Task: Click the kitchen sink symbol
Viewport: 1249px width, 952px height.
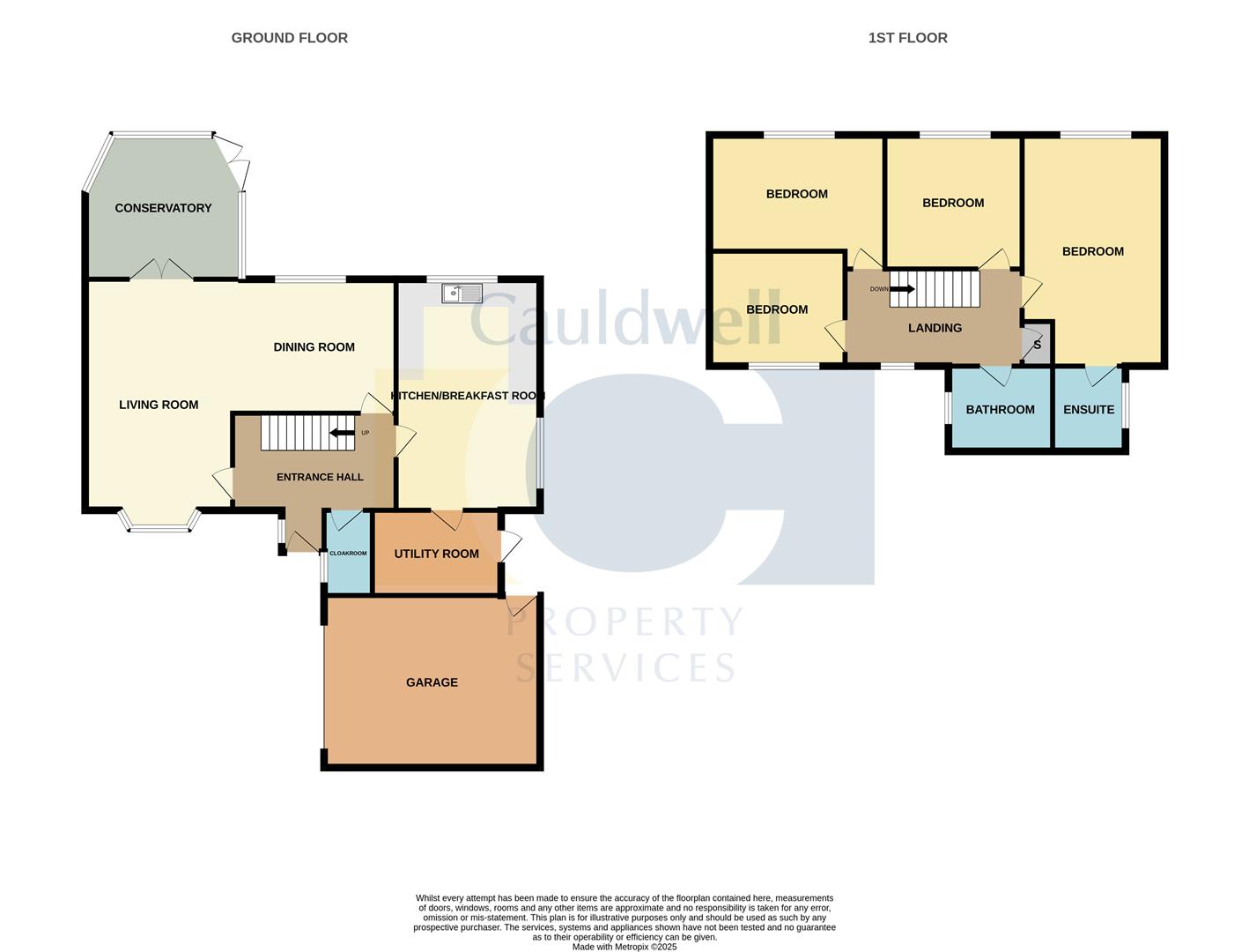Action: (462, 293)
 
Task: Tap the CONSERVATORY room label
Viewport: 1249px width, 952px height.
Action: (163, 208)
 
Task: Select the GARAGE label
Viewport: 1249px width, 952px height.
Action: (432, 682)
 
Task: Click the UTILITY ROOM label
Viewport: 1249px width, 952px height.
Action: (436, 554)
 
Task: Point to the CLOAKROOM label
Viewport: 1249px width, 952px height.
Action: (348, 554)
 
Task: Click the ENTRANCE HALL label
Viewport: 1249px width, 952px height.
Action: (320, 477)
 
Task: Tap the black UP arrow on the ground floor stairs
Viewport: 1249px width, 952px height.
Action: (342, 433)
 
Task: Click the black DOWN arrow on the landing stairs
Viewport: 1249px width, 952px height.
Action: (902, 288)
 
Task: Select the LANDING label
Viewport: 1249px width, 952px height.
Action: (935, 328)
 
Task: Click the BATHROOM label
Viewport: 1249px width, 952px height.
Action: (1000, 410)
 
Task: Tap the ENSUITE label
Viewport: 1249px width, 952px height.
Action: (1089, 410)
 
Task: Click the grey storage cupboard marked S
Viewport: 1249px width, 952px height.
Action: (1037, 345)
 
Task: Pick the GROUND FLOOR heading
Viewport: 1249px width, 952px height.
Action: (289, 38)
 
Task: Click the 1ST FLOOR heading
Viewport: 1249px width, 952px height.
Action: (907, 38)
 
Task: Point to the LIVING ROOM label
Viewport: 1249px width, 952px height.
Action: (159, 405)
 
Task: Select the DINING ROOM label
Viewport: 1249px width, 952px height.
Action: (314, 347)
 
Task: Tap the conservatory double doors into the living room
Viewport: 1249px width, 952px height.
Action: (161, 271)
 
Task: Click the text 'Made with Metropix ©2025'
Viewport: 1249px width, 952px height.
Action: (624, 947)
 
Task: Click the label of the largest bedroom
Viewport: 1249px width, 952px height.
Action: (1092, 251)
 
